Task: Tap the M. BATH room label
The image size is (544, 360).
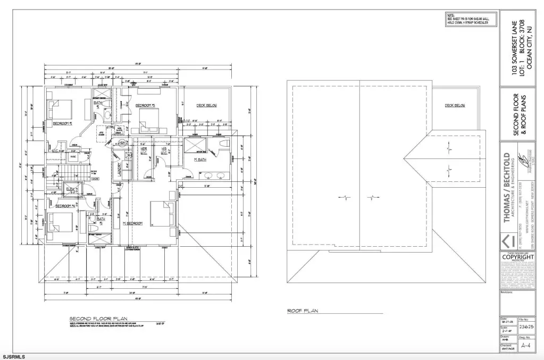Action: pyautogui.click(x=200, y=159)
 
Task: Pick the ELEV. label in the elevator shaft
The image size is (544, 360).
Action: pyautogui.click(x=70, y=189)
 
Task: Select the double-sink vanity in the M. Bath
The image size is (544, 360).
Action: pyautogui.click(x=215, y=176)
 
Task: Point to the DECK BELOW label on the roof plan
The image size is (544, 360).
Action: pyautogui.click(x=455, y=105)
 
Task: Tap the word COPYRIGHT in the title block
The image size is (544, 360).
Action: pyautogui.click(x=517, y=257)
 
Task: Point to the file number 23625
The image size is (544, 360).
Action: pyautogui.click(x=526, y=328)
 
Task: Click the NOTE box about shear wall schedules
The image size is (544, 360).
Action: pyautogui.click(x=467, y=20)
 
